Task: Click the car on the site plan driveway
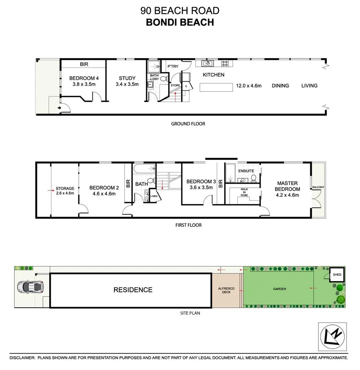pos(30,287)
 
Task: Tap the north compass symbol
pos(332,337)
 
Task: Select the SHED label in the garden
pos(337,274)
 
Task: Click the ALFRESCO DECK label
pos(226,290)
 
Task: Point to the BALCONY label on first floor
pos(318,187)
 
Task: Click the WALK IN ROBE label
pos(244,192)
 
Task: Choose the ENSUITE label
pos(246,171)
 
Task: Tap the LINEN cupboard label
pos(154,196)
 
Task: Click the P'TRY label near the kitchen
pos(173,66)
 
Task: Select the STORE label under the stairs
pos(175,85)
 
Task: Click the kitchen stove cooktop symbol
pos(225,63)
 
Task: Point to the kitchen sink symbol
pos(208,63)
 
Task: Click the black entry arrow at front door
pos(60,108)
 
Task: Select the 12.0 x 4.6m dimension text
pos(249,86)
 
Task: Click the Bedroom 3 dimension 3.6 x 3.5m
pos(201,188)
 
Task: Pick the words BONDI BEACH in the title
pos(180,22)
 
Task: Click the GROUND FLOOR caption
pos(188,124)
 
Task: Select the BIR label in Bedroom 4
pos(84,64)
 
